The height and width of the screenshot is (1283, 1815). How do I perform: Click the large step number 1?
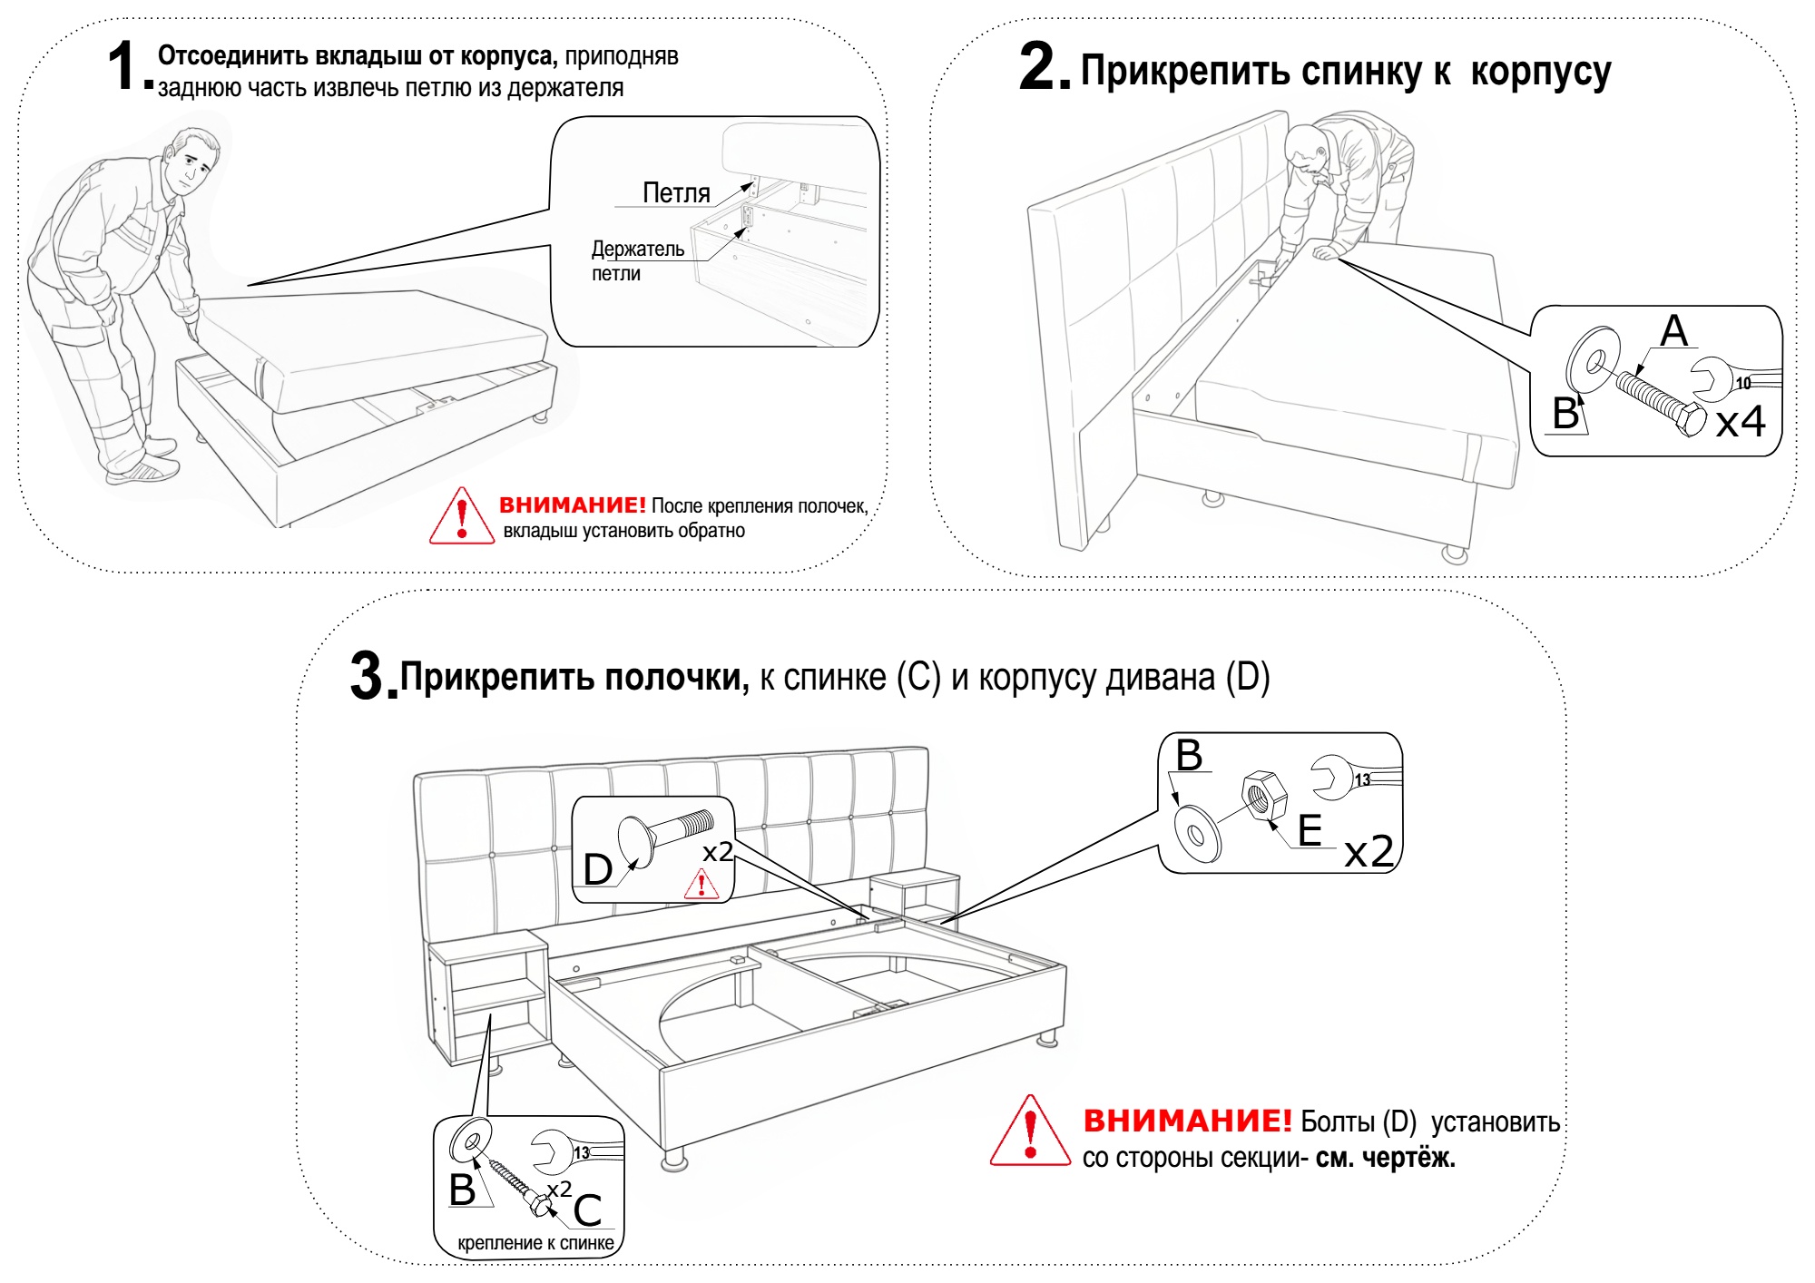point(124,66)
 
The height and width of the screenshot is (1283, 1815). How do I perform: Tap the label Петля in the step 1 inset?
point(676,192)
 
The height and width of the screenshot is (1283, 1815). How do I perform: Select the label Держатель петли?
point(638,260)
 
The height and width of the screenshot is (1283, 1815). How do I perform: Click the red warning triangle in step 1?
point(462,515)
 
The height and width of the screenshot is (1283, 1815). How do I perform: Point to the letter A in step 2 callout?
point(1674,330)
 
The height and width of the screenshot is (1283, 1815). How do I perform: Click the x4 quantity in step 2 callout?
point(1740,421)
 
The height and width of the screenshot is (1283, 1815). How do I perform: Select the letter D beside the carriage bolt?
point(597,869)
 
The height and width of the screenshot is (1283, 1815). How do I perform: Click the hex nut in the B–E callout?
point(1263,795)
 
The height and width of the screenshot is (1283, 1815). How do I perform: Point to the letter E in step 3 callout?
point(1310,830)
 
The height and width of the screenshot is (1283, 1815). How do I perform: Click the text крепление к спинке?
point(535,1243)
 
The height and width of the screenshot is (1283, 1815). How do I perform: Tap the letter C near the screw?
point(587,1210)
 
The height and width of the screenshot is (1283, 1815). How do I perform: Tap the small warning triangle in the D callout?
point(701,885)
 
